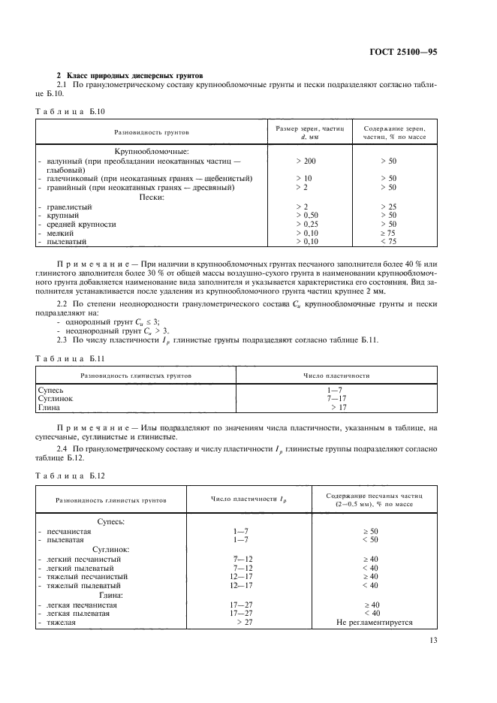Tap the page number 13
432,640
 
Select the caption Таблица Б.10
69,110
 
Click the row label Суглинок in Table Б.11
56,399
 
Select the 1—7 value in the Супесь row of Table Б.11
334,391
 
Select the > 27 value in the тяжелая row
244,623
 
